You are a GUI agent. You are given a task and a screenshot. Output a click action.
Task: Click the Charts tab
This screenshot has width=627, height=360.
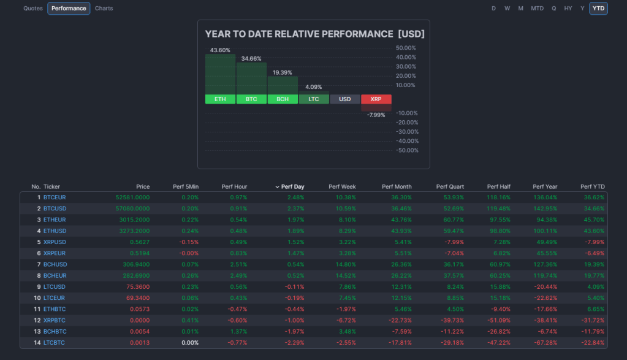pos(104,9)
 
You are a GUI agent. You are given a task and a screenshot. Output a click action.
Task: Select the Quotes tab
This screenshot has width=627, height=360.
pos(33,9)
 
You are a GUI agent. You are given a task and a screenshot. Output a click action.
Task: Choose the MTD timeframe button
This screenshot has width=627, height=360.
pos(537,9)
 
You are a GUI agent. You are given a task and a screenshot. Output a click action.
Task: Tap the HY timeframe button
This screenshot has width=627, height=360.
pos(568,9)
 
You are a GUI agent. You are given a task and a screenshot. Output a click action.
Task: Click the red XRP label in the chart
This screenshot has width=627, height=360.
pos(376,99)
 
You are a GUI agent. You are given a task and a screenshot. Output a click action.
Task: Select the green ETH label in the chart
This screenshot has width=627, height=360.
pos(220,99)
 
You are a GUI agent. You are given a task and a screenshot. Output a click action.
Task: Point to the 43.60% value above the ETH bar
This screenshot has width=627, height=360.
pos(220,50)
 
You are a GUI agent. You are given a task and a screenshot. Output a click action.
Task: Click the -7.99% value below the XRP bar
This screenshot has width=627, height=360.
pos(376,115)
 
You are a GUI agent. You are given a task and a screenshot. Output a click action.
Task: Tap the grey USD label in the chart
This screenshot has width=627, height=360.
pos(345,99)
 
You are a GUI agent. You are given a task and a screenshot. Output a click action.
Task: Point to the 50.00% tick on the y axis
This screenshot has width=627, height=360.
pos(406,48)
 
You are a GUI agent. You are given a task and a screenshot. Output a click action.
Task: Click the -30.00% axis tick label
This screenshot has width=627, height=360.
pos(406,132)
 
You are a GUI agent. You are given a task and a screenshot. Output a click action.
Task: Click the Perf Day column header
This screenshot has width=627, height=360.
pos(292,186)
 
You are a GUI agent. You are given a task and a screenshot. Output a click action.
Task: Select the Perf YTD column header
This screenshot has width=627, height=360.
pos(592,186)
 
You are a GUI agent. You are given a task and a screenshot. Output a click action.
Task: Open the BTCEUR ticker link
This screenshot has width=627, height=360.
pos(55,197)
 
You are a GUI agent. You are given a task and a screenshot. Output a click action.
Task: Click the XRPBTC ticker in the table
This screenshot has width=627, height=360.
pos(55,320)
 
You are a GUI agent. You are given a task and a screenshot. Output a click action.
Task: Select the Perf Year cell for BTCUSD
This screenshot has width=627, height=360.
pos(545,209)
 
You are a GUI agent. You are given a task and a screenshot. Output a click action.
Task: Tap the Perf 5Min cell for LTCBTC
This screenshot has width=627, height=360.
pos(189,342)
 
